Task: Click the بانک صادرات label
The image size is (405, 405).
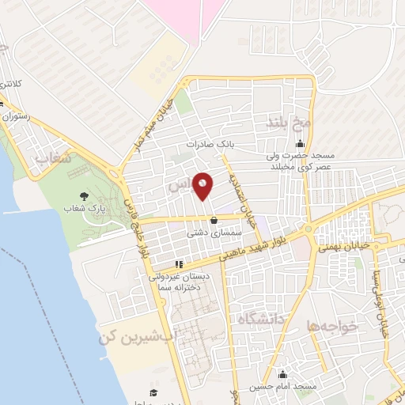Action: pos(206,145)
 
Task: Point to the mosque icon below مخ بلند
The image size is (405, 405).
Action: pos(300,145)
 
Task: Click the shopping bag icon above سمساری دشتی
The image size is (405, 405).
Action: pos(214,220)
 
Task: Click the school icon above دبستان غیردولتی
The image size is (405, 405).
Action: pos(179,264)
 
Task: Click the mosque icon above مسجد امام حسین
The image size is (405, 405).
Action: pos(283,373)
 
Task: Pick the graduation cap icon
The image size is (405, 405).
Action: pos(153,392)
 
